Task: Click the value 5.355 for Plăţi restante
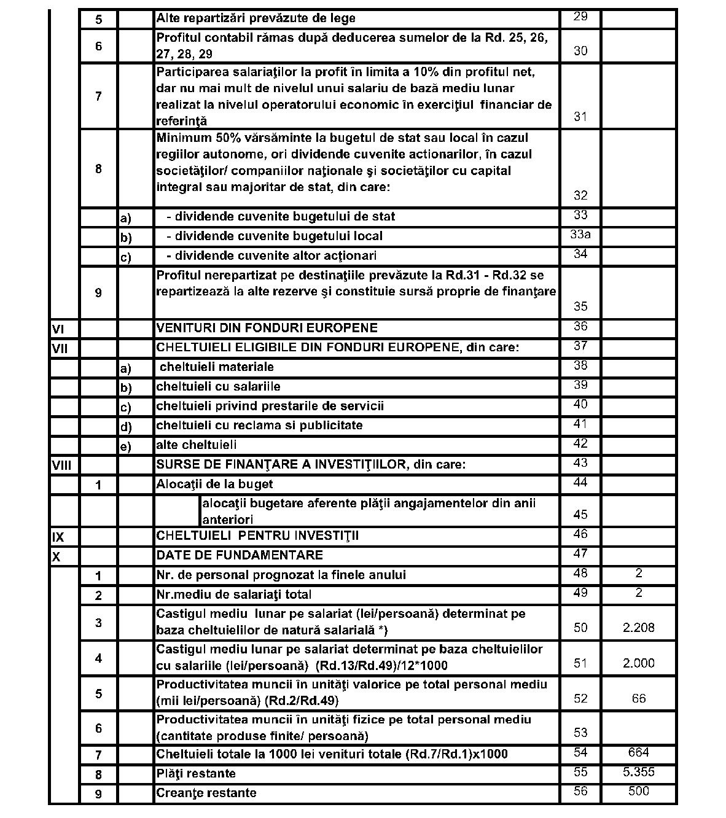[638, 772]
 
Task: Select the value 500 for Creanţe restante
[639, 791]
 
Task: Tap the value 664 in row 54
[639, 752]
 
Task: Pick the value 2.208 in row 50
[638, 628]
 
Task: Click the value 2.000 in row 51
[638, 663]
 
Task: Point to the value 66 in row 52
[639, 698]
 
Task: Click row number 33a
[580, 235]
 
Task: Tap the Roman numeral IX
[58, 537]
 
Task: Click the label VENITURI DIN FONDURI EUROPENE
[267, 328]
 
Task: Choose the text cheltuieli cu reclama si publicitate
[259, 425]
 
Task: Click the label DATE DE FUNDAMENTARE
[240, 555]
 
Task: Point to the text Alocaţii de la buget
[214, 484]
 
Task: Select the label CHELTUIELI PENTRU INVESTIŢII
[257, 536]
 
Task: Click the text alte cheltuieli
[196, 445]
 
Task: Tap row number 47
[580, 553]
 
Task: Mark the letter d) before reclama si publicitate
[125, 426]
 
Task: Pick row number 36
[580, 326]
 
